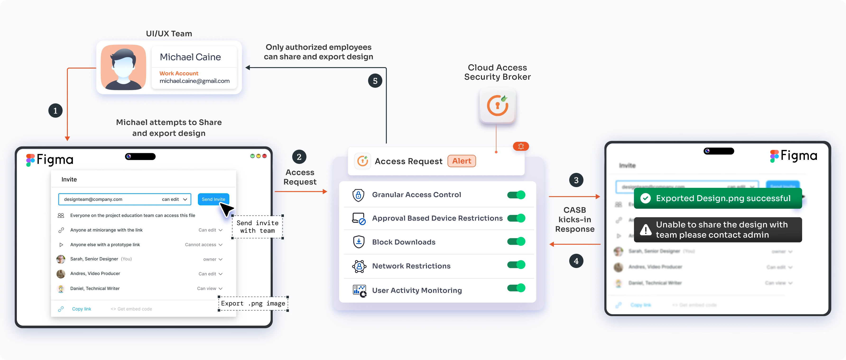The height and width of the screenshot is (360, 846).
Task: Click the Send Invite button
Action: pyautogui.click(x=213, y=199)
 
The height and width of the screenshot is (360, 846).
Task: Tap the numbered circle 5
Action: pyautogui.click(x=375, y=81)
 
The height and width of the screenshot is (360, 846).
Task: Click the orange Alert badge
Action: pyautogui.click(x=462, y=161)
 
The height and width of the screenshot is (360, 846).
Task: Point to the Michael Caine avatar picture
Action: pyautogui.click(x=124, y=67)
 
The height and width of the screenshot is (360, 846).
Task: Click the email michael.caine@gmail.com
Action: pyautogui.click(x=194, y=81)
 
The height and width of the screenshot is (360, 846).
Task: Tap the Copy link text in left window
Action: pyautogui.click(x=81, y=309)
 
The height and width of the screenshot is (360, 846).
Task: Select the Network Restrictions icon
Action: pyautogui.click(x=359, y=266)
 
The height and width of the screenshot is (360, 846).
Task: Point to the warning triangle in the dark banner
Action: pyautogui.click(x=645, y=230)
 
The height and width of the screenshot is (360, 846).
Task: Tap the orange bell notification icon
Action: pyautogui.click(x=521, y=146)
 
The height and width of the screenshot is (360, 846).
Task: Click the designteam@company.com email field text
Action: pyautogui.click(x=93, y=199)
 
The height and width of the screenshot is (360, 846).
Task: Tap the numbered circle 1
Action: pyautogui.click(x=55, y=111)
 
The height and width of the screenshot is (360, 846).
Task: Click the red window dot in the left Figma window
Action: pyautogui.click(x=264, y=156)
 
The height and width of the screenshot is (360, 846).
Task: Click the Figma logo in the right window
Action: pyautogui.click(x=793, y=156)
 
